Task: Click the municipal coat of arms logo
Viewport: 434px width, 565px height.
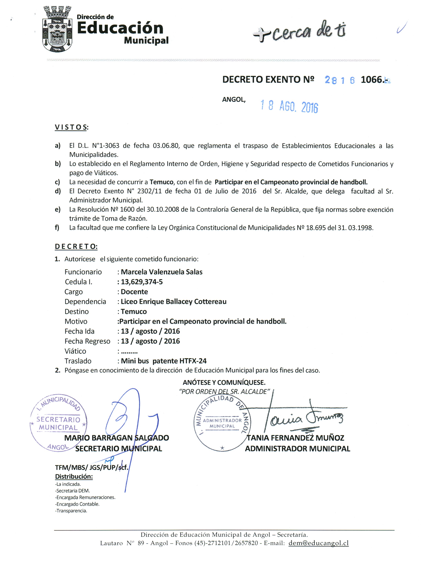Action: pos(57,29)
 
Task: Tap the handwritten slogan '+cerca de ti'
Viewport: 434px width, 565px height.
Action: pos(299,31)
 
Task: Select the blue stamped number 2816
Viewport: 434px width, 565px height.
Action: pos(339,80)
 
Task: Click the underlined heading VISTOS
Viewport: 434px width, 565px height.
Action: pos(71,127)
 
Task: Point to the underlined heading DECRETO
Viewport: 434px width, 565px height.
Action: pos(76,247)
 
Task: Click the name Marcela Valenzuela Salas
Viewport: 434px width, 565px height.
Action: pos(161,272)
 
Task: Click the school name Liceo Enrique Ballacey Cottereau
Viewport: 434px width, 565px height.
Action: pos(174,302)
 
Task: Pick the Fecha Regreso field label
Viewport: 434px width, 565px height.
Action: pos(87,341)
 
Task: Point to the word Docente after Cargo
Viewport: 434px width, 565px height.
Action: pos(134,292)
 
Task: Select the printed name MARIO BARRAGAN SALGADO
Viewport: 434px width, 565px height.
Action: pos(117,438)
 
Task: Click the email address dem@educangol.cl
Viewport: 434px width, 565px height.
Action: pos(318,543)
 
